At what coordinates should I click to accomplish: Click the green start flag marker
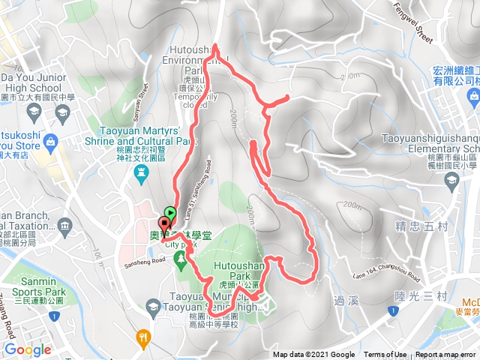(170, 213)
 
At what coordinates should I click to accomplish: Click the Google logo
(28, 349)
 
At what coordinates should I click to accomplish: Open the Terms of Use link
(385, 355)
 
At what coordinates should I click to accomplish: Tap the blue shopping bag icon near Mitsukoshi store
(50, 141)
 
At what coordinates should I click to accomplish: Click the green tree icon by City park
(180, 259)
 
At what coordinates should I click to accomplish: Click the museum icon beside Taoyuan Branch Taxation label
(64, 224)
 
